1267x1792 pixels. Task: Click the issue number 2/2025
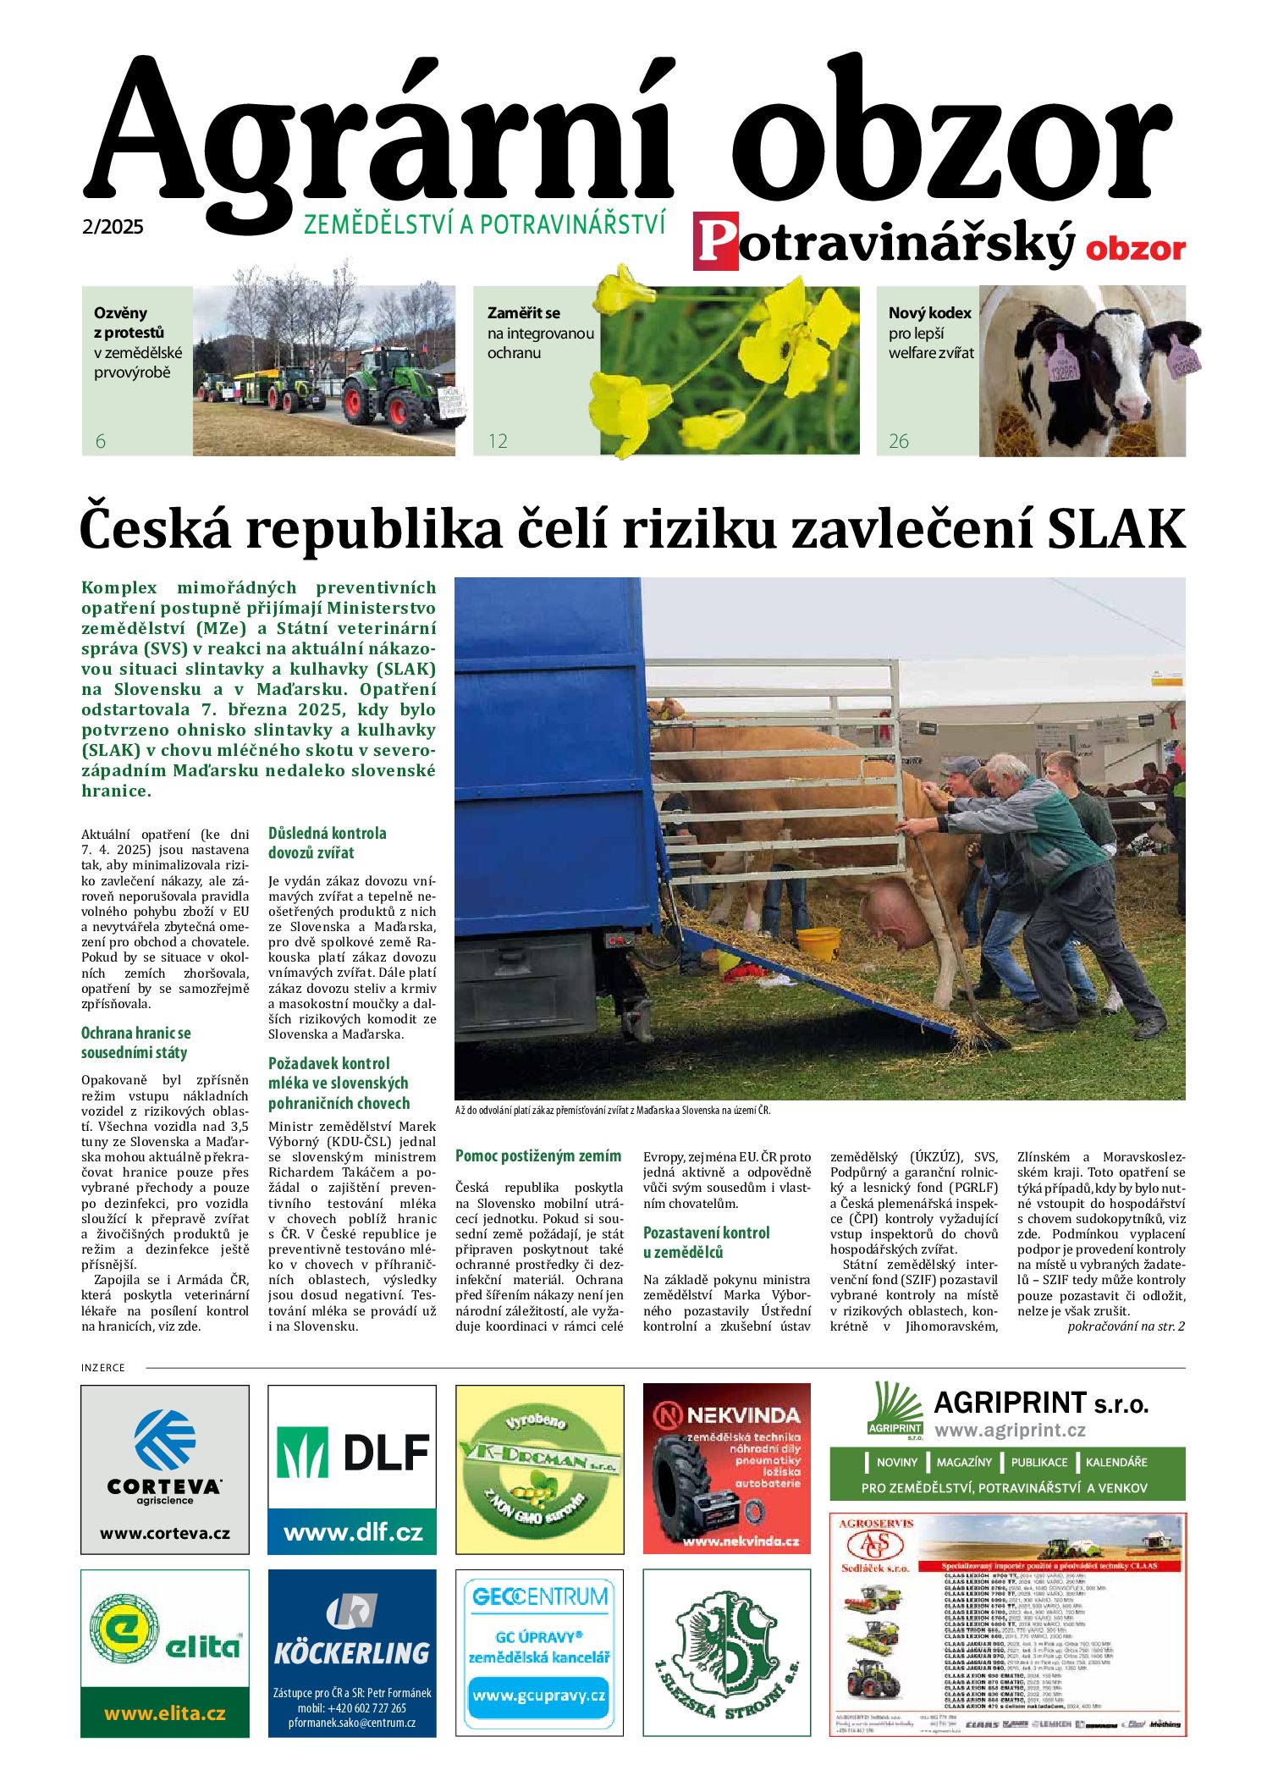point(113,227)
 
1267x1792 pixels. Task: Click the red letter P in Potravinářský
point(715,242)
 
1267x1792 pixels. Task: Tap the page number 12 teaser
point(498,441)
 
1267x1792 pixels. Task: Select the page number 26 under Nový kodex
point(898,441)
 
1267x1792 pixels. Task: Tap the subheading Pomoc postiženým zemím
point(538,1156)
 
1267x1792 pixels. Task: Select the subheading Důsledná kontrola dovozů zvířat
point(328,843)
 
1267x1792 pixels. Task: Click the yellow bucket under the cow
point(818,943)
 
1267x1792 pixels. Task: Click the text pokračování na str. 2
point(1126,1326)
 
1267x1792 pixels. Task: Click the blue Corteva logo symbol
point(165,1440)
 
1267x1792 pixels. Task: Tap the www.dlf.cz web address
point(352,1532)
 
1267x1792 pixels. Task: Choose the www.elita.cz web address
point(165,1714)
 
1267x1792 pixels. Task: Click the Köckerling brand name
point(352,1652)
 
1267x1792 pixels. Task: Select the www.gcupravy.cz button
point(539,1696)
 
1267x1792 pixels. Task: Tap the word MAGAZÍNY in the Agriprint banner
point(964,1462)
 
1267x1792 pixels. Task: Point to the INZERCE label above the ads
point(103,1368)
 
